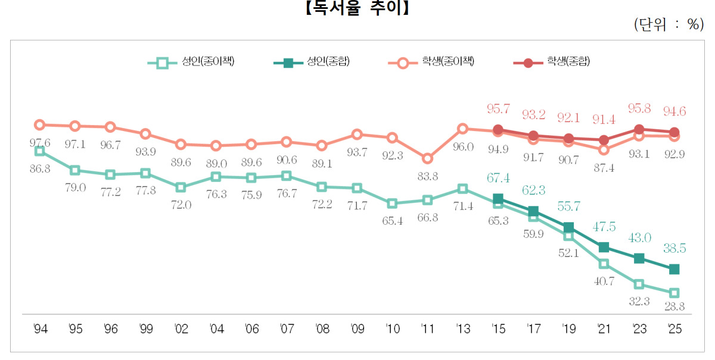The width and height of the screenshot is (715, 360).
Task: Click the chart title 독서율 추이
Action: click(x=357, y=8)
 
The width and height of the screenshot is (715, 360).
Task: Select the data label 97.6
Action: click(x=40, y=143)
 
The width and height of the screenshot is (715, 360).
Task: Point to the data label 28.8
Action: click(x=674, y=306)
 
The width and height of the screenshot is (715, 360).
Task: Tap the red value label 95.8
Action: click(x=639, y=109)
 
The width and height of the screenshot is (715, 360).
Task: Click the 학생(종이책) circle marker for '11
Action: click(x=427, y=159)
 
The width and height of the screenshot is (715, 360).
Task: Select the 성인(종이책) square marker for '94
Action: click(x=40, y=151)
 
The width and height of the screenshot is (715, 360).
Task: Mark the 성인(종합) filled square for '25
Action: click(x=674, y=269)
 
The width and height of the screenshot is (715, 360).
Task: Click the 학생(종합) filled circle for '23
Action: click(x=639, y=129)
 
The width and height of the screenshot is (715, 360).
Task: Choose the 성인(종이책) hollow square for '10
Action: click(x=391, y=203)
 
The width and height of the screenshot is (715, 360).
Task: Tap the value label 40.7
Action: click(x=604, y=281)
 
